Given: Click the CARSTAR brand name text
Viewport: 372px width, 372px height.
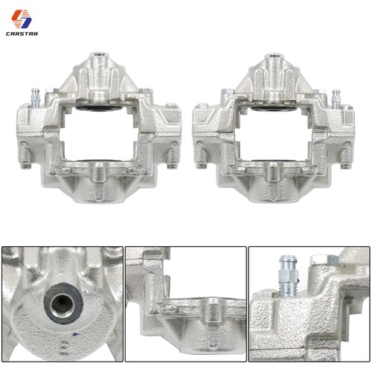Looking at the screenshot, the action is pos(22,33).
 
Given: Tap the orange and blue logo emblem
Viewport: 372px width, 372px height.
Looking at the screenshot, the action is pos(22,19).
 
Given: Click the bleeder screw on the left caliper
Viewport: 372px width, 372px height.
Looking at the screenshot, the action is pos(36,97).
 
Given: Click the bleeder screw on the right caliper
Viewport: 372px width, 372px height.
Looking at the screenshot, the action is pos(336,99).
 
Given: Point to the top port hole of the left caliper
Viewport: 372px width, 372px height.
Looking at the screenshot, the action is pos(99,54).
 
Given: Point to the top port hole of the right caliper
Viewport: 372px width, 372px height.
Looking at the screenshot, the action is pos(273,56).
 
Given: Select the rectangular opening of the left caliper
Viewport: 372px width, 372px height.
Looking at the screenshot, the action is pos(98,134).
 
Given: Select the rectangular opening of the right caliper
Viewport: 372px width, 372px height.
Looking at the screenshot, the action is pos(273,135).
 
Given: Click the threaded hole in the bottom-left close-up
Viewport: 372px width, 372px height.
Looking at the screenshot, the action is pos(62,304).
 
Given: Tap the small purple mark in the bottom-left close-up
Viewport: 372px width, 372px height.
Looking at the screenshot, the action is pos(75,334).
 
